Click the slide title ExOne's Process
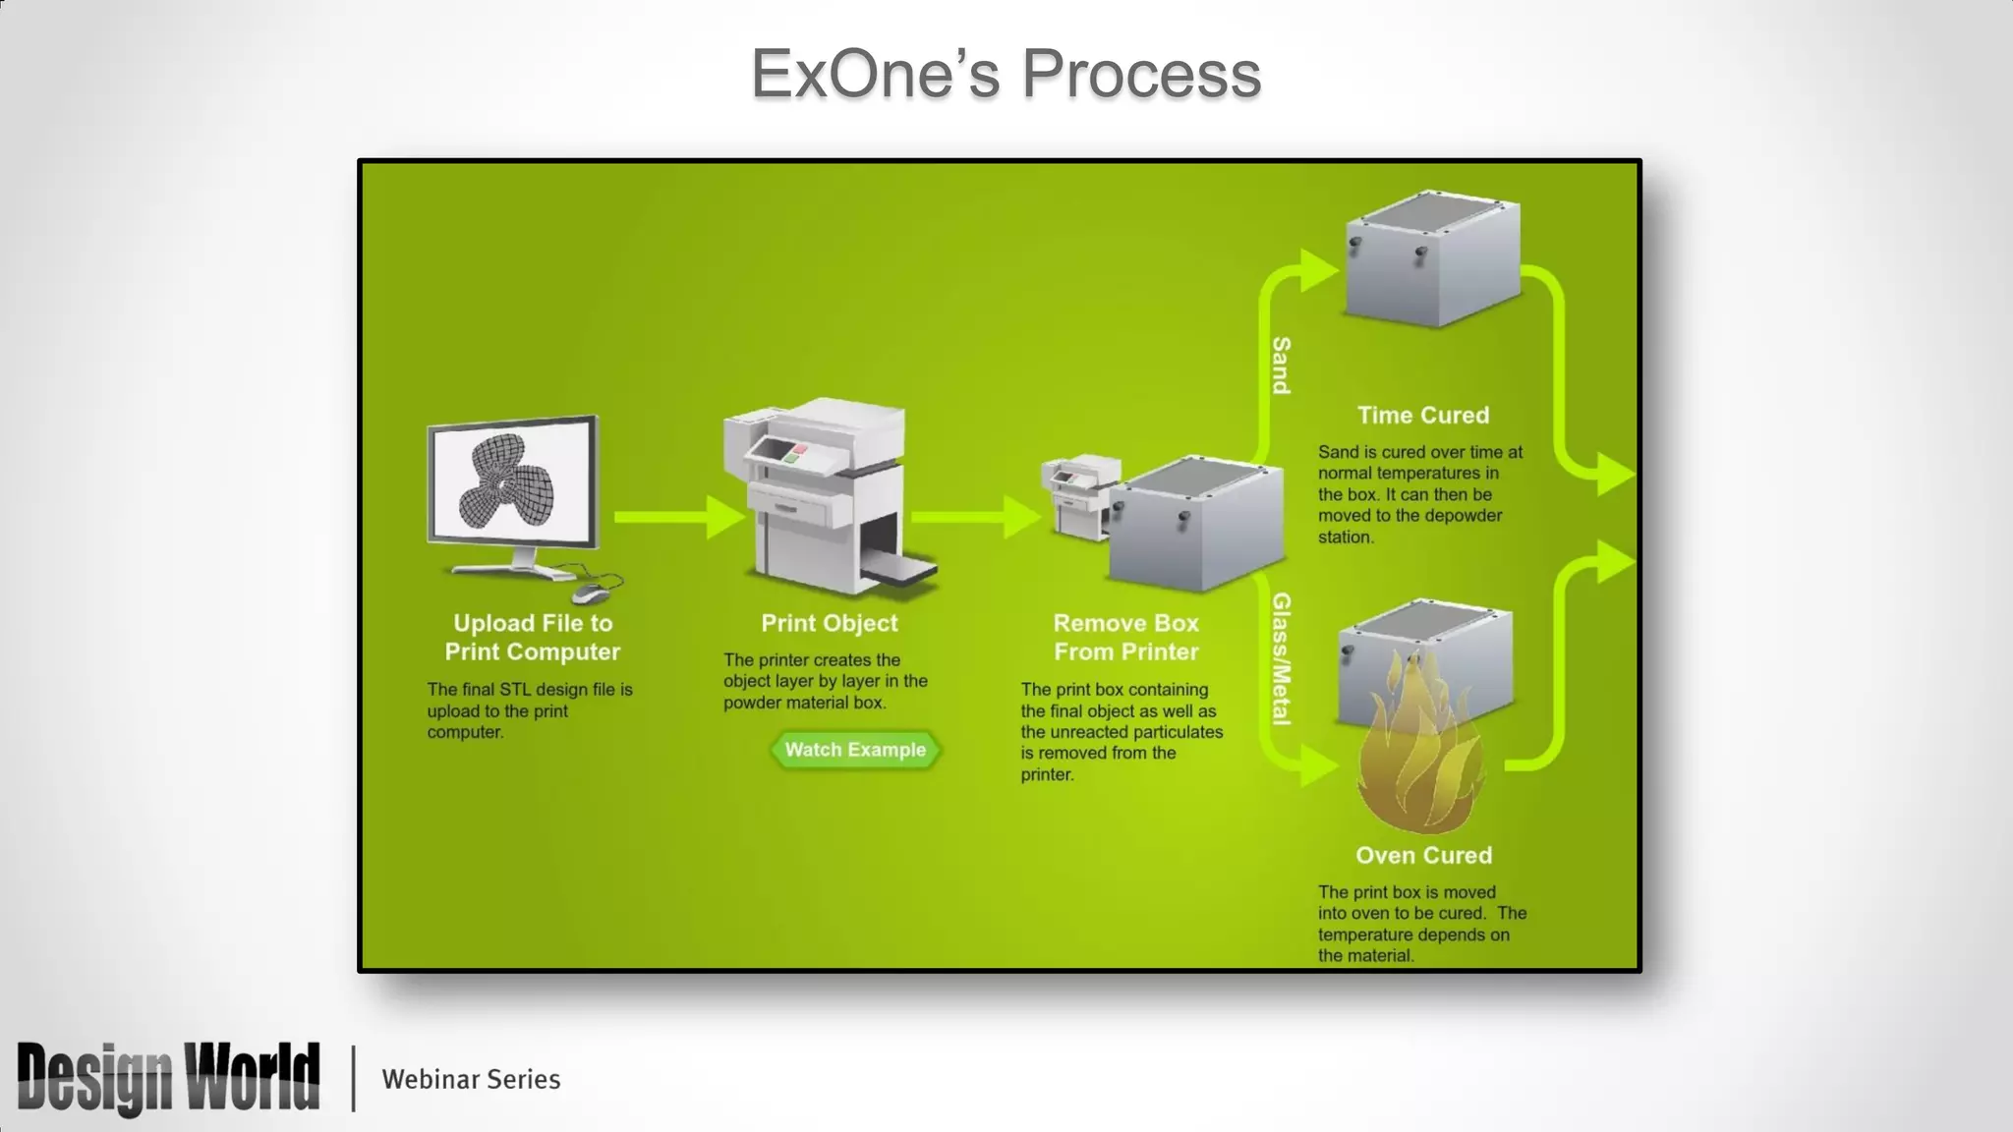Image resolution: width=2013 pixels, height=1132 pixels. pos(1006,74)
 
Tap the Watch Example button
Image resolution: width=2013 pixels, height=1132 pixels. pos(855,750)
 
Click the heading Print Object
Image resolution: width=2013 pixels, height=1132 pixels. pos(830,623)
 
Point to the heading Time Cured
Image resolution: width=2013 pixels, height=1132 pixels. pos(1422,416)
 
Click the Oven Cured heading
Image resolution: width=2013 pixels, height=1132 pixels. pos(1423,855)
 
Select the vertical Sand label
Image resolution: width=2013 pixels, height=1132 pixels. pos(1281,366)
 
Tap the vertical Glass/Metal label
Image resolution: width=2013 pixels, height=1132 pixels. pos(1281,658)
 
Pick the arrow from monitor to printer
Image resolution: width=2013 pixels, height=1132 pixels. pos(678,517)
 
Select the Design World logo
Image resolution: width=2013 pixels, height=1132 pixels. pos(168,1078)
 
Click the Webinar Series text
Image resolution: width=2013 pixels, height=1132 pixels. pos(471,1079)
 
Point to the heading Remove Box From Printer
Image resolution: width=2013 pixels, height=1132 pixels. pos(1125,637)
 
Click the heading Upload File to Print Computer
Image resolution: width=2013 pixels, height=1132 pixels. pos(532,637)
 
